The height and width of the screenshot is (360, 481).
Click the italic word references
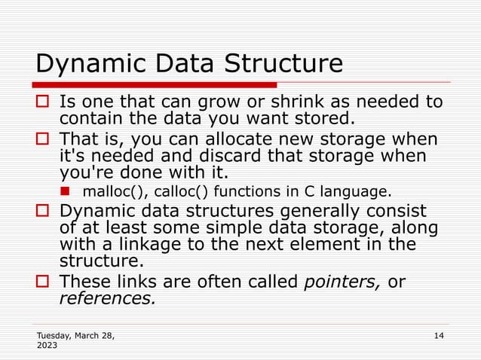point(107,298)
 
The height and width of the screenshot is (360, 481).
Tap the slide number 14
point(440,334)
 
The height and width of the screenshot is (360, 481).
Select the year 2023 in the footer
point(46,346)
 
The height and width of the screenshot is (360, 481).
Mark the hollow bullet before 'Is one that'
point(43,102)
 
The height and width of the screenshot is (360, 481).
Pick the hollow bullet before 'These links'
point(43,282)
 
